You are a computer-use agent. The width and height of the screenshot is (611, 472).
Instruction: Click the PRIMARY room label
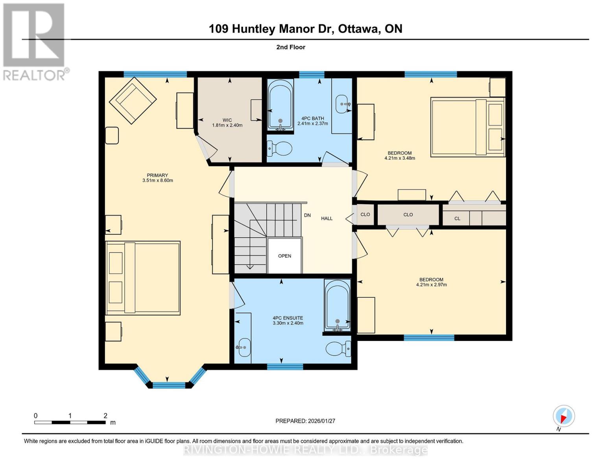(157, 175)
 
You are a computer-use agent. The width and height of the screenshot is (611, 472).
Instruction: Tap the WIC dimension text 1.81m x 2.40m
(227, 125)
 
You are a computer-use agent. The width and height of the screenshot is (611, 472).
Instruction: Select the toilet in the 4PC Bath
(280, 148)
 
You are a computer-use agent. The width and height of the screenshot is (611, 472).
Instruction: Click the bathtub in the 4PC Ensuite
(337, 304)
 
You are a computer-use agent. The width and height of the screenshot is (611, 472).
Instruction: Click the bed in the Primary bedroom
(143, 278)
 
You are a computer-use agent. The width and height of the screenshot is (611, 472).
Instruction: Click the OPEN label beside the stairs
(284, 256)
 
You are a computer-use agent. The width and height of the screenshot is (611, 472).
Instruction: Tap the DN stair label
(307, 215)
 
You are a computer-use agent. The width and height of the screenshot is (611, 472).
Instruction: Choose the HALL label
(327, 218)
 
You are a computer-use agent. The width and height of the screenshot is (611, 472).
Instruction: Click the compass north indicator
(563, 416)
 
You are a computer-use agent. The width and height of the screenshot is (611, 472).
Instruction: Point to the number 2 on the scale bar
(105, 416)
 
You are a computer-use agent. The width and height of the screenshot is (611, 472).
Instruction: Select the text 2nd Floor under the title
(291, 47)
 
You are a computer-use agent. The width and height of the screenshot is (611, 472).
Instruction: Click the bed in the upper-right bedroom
(468, 127)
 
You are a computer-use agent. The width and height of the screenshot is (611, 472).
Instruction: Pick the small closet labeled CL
(457, 218)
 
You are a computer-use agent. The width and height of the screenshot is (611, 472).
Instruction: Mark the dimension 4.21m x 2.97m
(431, 285)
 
